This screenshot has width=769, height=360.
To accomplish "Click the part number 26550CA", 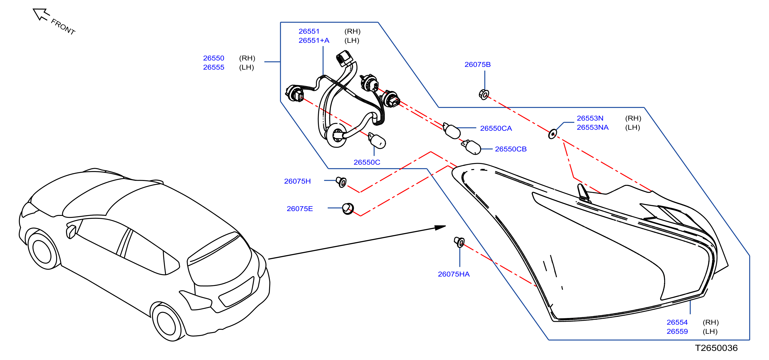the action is click(x=496, y=128).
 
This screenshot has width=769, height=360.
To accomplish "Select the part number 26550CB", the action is click(x=511, y=149).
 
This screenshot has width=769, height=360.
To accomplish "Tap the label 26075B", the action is click(x=478, y=65).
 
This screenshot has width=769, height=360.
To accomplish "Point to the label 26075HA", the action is click(x=454, y=274).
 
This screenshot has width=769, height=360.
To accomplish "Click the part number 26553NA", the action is click(x=593, y=127).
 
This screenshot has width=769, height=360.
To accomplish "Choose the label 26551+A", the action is click(x=314, y=41).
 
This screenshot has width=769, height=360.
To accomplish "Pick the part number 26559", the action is click(x=677, y=332).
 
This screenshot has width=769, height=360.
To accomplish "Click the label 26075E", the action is click(x=300, y=209).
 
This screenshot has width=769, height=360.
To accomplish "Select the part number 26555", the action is click(x=214, y=67).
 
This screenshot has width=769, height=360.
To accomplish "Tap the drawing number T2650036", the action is click(x=716, y=348).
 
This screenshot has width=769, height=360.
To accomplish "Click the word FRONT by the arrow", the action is click(x=63, y=27).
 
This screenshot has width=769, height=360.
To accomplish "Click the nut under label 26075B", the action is click(x=484, y=95).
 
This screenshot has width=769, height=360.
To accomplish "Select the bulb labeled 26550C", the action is click(x=377, y=141).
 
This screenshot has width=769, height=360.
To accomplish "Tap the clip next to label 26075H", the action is click(x=341, y=182).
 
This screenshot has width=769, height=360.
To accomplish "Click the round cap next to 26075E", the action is click(x=348, y=209).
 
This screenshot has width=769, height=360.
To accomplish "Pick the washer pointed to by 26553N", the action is click(x=553, y=134).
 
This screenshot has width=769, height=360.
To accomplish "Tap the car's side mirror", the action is click(x=72, y=232).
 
